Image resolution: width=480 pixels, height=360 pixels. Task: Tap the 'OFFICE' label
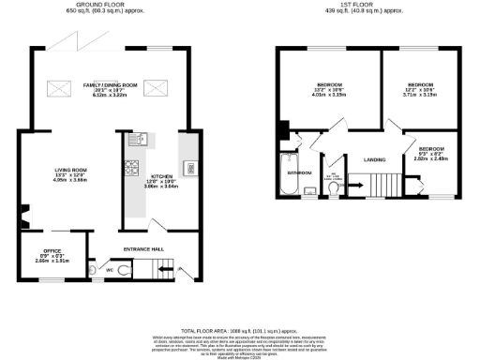click(52, 250)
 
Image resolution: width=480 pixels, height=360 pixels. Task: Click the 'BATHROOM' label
click(299, 173)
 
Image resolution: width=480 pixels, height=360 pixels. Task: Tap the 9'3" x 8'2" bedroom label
click(431, 153)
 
